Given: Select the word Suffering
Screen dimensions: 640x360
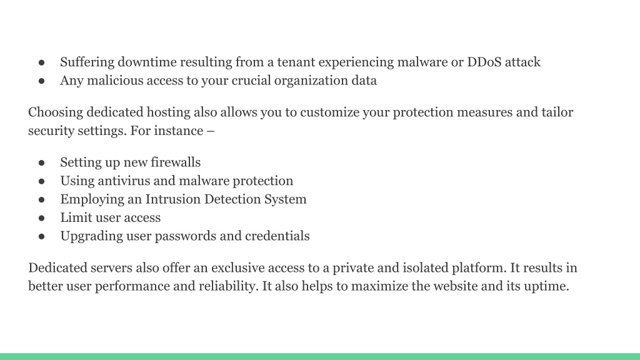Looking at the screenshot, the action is click(87, 62).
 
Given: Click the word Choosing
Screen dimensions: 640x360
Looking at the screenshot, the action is click(56, 112).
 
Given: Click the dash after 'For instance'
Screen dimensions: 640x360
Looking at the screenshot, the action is click(211, 131).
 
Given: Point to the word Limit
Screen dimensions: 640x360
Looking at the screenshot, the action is click(76, 217).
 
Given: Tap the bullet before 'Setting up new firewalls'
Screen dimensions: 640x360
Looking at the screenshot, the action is click(42, 163).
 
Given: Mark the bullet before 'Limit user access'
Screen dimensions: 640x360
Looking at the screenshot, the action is click(42, 218).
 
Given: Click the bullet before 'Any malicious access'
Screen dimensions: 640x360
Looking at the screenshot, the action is click(42, 81).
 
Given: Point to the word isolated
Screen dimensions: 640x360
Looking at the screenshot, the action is click(425, 267).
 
